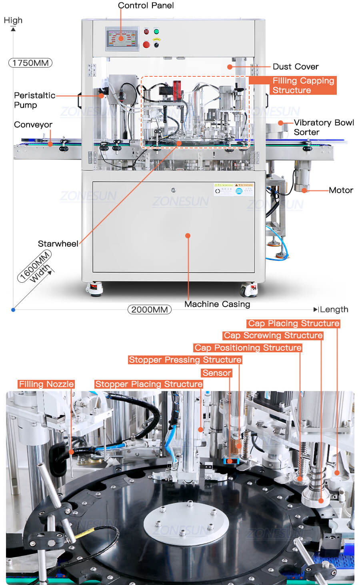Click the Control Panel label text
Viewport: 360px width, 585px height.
pos(146,6)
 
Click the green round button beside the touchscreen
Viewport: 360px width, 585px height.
pos(156,32)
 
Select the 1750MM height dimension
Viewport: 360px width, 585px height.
pos(30,63)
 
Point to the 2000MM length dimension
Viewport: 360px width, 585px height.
pos(149,309)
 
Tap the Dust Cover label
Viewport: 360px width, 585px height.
pos(295,67)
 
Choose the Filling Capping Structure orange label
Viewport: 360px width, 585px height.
pos(293,86)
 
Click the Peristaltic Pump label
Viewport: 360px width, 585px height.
pos(34,100)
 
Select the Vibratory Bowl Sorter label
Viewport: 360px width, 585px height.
pos(324,127)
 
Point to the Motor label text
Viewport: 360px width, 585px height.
pos(341,190)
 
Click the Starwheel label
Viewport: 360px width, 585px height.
pos(58,244)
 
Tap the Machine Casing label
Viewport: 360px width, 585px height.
pos(217,304)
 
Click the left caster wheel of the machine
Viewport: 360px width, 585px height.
pos(94,288)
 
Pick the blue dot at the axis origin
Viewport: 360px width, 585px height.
pos(13,309)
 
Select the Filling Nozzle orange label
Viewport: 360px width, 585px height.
pos(46,384)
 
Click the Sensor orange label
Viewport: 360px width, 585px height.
pos(217,373)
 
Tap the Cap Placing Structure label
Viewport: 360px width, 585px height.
pos(294,323)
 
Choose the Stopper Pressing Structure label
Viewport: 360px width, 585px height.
pos(185,360)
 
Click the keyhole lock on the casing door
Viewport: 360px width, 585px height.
pos(173,190)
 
